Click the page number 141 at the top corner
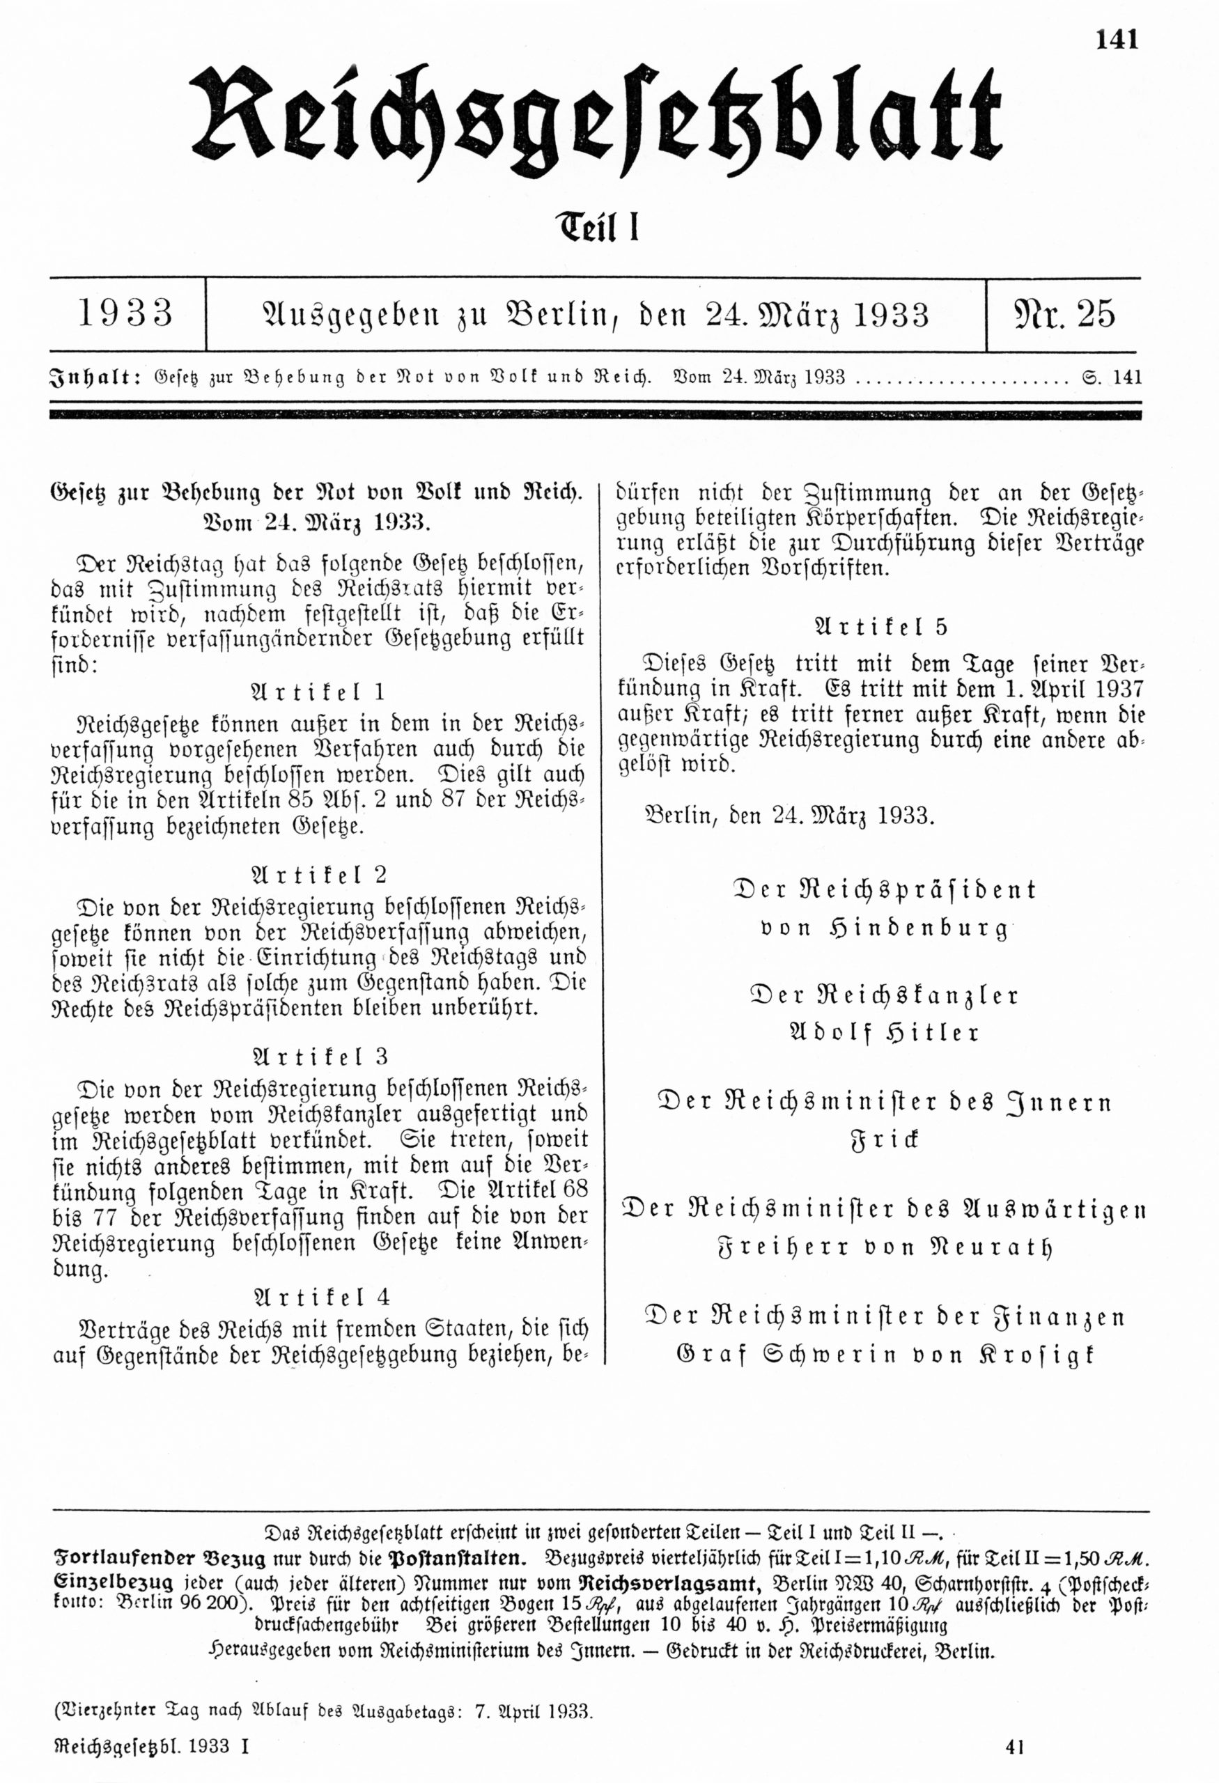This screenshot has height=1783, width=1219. click(x=1117, y=39)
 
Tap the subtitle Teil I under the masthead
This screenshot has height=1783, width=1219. click(x=597, y=228)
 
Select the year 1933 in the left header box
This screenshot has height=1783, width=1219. click(x=127, y=314)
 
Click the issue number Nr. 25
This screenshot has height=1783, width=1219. click(x=1065, y=314)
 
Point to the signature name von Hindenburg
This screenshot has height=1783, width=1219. click(x=884, y=929)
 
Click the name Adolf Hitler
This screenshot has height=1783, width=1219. click(x=884, y=1033)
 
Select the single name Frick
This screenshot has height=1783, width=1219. click(x=884, y=1140)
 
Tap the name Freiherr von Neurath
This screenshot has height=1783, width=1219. click(x=884, y=1247)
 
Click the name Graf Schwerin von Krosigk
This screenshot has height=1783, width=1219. click(x=884, y=1355)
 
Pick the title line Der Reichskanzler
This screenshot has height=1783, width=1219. click(x=884, y=996)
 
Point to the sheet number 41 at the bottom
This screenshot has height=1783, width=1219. click(x=1015, y=1747)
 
